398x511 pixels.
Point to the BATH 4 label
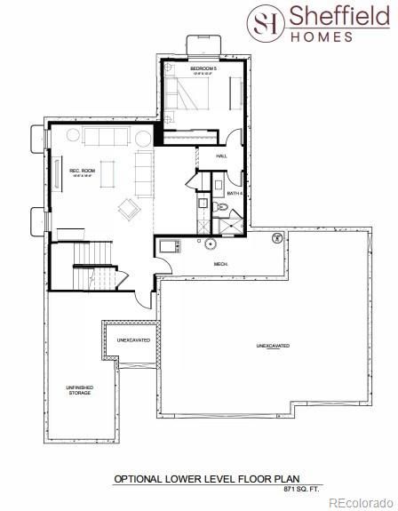coord(235,193)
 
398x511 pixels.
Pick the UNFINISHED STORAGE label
coord(79,389)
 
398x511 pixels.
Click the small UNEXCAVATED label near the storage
coord(134,340)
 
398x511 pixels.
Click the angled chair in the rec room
coord(130,209)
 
